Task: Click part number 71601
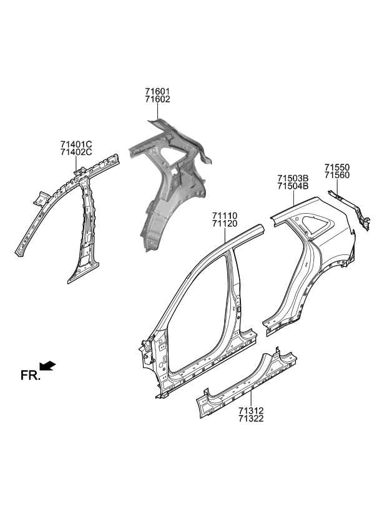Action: click(157, 91)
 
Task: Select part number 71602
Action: click(157, 99)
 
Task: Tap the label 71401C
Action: click(76, 144)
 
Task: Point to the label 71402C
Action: click(76, 152)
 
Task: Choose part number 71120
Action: click(223, 224)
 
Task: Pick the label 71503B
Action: click(293, 178)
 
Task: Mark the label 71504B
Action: click(293, 186)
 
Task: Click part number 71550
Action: click(336, 167)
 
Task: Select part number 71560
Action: click(336, 176)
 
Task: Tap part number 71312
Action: click(250, 411)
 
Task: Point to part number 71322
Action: click(250, 419)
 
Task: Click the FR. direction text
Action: click(30, 375)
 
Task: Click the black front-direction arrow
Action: click(47, 366)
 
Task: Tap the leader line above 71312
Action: click(250, 397)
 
